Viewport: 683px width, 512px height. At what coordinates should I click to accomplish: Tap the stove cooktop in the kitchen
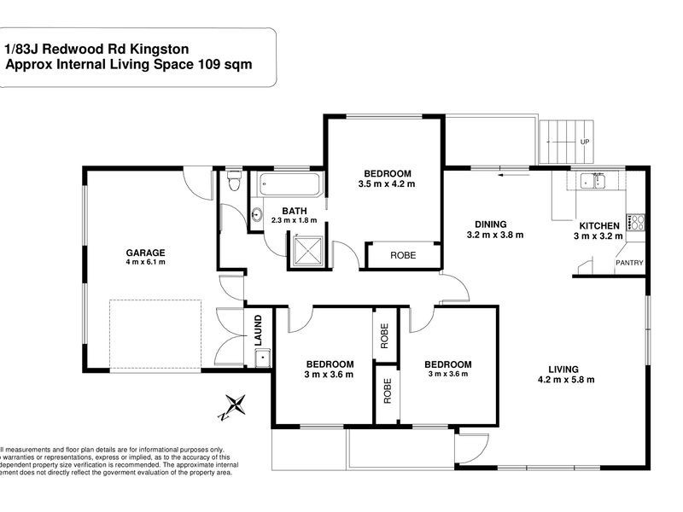[x=636, y=222]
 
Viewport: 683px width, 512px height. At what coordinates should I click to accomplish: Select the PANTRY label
[x=629, y=264]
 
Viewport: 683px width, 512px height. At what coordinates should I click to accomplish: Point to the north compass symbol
[x=236, y=404]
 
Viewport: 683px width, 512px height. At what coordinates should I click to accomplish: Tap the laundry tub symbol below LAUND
[x=261, y=358]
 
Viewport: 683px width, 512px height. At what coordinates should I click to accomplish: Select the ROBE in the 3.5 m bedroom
[x=403, y=255]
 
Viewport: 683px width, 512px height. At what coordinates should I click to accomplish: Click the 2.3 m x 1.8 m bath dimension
[x=295, y=220]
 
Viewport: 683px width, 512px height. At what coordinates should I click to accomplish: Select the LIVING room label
[x=565, y=369]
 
